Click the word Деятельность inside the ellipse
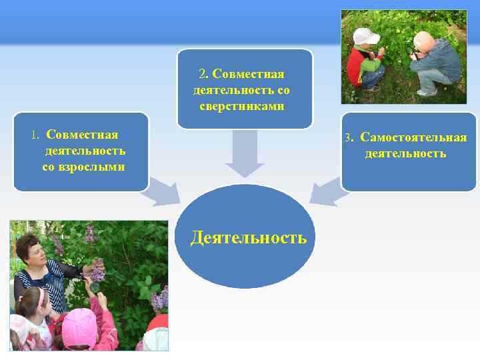click(x=248, y=237)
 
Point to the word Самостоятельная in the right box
click(x=413, y=138)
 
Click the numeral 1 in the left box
click(x=35, y=135)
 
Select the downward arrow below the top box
click(x=245, y=154)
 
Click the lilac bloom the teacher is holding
click(x=97, y=271)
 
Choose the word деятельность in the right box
click(x=405, y=154)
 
